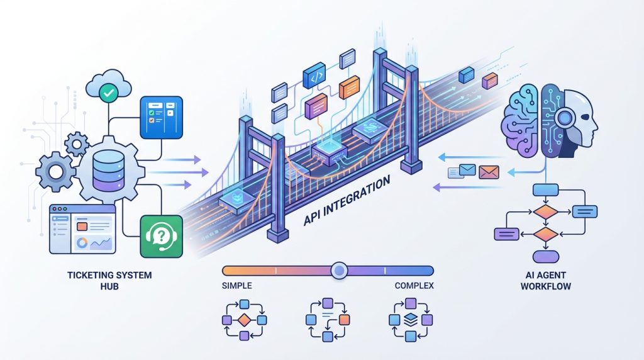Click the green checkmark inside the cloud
click(x=109, y=93)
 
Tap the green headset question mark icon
click(x=162, y=236)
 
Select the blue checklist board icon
click(x=162, y=117)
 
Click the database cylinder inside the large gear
click(x=108, y=171)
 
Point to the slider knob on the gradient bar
click(x=339, y=271)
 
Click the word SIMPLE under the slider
click(x=237, y=285)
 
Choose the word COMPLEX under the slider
click(x=414, y=285)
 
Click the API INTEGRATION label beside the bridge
click(x=347, y=200)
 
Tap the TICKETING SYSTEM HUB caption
click(x=109, y=280)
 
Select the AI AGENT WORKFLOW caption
click(x=546, y=280)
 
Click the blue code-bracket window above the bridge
click(x=314, y=76)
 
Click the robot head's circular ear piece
click(x=565, y=118)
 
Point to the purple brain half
click(x=519, y=121)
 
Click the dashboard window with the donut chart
click(x=82, y=229)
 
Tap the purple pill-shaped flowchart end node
click(x=545, y=257)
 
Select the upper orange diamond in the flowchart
click(x=545, y=212)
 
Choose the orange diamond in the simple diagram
click(x=245, y=320)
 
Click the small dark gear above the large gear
click(x=76, y=144)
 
